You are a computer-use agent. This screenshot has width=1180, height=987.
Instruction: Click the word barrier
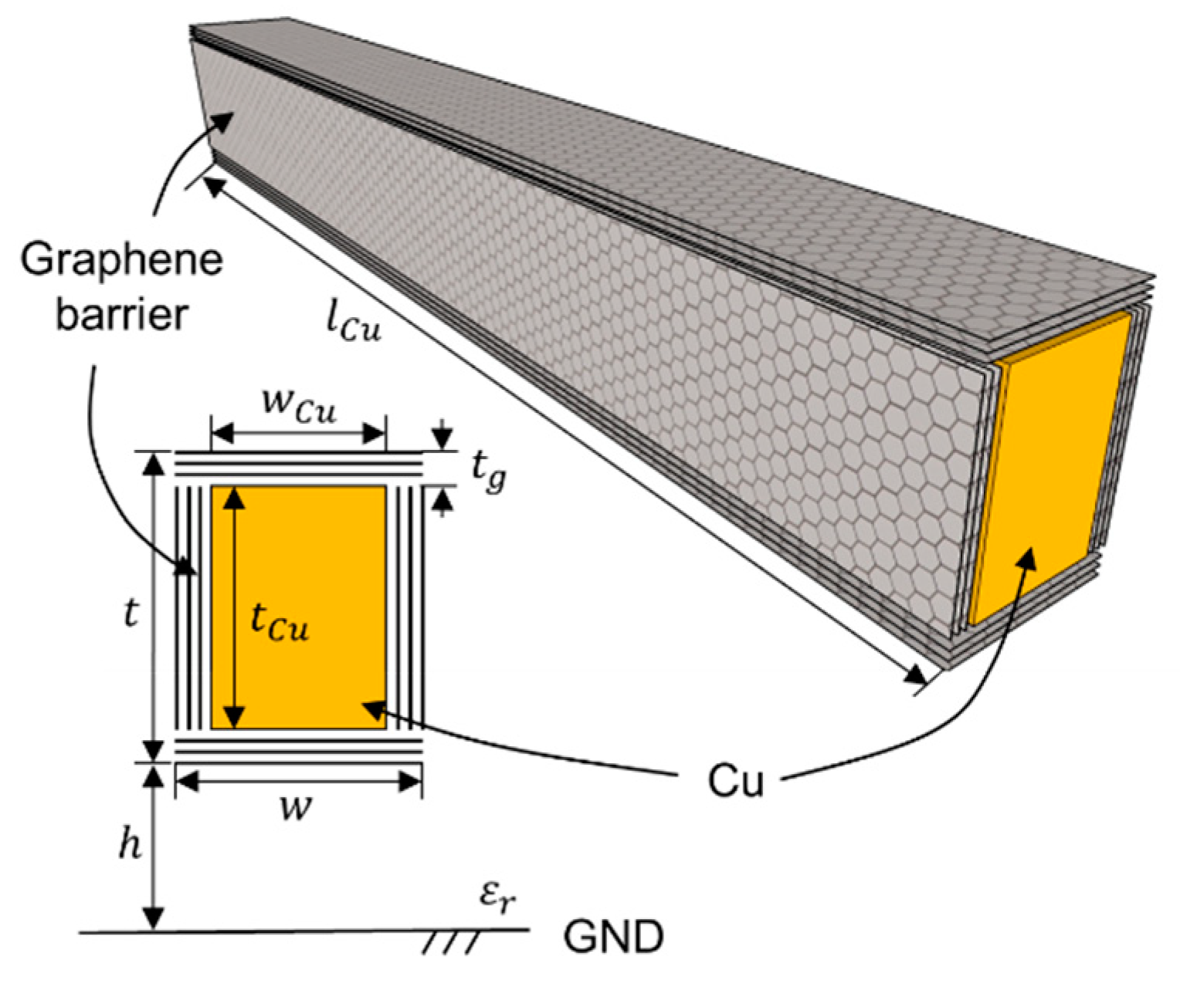(121, 315)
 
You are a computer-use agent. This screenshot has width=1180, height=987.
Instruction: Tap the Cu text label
(735, 781)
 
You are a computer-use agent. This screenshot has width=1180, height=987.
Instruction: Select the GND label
(613, 938)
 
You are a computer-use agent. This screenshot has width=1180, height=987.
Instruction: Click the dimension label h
(130, 845)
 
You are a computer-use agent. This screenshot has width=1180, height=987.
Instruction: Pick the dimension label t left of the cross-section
(131, 613)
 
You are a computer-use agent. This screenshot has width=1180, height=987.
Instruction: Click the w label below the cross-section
(296, 808)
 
